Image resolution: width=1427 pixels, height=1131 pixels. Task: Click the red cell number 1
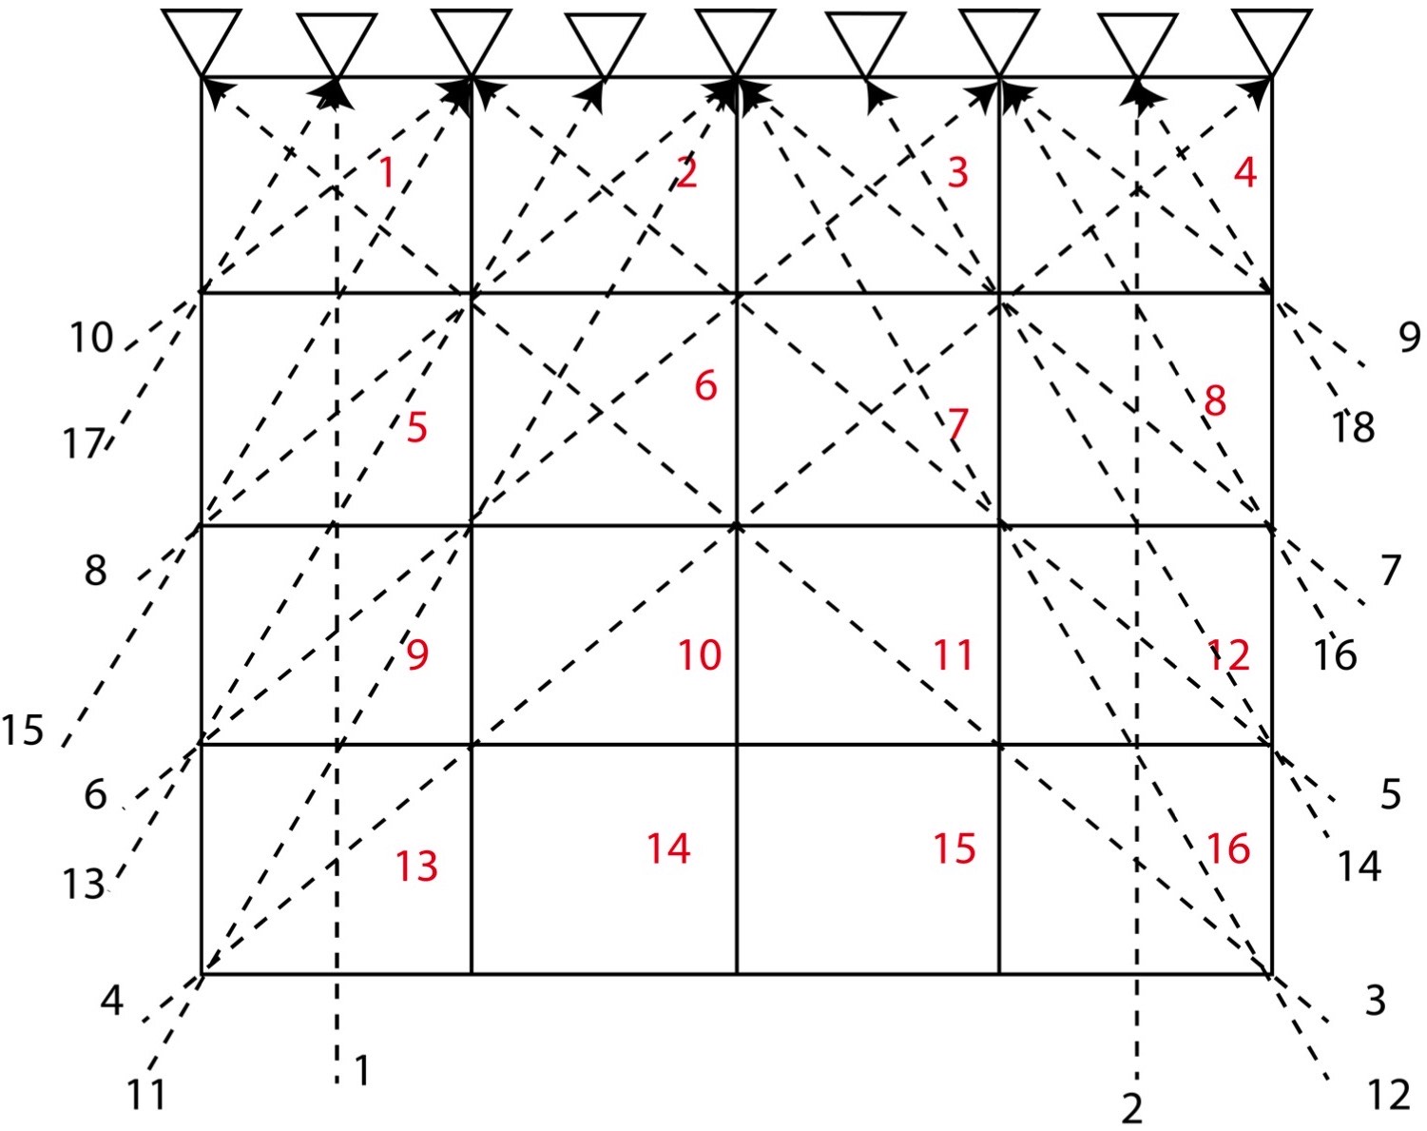pyautogui.click(x=386, y=173)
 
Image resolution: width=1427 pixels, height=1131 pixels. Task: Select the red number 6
pyautogui.click(x=705, y=386)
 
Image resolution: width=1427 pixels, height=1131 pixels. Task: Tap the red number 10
pyautogui.click(x=699, y=655)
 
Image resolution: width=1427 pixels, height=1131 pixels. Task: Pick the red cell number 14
pyautogui.click(x=668, y=848)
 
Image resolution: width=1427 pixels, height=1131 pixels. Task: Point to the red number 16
pyautogui.click(x=1227, y=848)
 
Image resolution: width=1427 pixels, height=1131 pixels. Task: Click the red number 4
pyautogui.click(x=1244, y=172)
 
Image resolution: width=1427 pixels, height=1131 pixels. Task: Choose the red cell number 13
pyautogui.click(x=416, y=866)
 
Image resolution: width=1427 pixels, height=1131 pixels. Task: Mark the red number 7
pyautogui.click(x=957, y=424)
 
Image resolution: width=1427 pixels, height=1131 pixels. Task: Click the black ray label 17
pyautogui.click(x=85, y=444)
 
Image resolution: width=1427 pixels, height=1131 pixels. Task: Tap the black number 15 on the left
pyautogui.click(x=23, y=730)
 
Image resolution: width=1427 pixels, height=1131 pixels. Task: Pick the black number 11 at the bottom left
pyautogui.click(x=147, y=1096)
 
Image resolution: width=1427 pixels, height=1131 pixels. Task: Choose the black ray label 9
pyautogui.click(x=1409, y=337)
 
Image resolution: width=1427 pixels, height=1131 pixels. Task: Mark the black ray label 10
pyautogui.click(x=91, y=338)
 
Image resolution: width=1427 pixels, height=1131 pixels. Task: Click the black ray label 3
pyautogui.click(x=1375, y=1001)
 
